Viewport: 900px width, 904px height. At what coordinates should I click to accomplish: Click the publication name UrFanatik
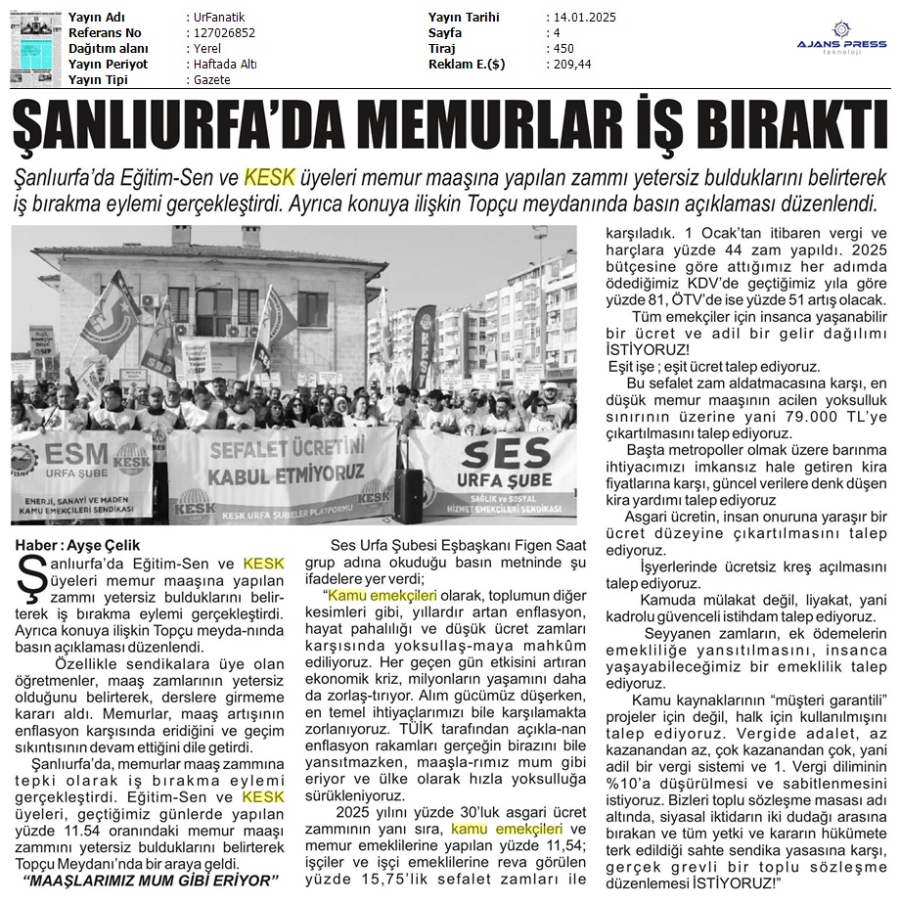[219, 18]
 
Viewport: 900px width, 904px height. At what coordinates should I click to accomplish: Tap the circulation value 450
[563, 49]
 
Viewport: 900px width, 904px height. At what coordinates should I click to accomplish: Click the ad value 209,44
[571, 65]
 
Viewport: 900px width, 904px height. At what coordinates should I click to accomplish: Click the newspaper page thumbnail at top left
[30, 49]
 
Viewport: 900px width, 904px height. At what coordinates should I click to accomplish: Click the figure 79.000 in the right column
[716, 416]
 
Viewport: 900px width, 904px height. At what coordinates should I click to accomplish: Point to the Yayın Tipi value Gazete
[212, 80]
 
